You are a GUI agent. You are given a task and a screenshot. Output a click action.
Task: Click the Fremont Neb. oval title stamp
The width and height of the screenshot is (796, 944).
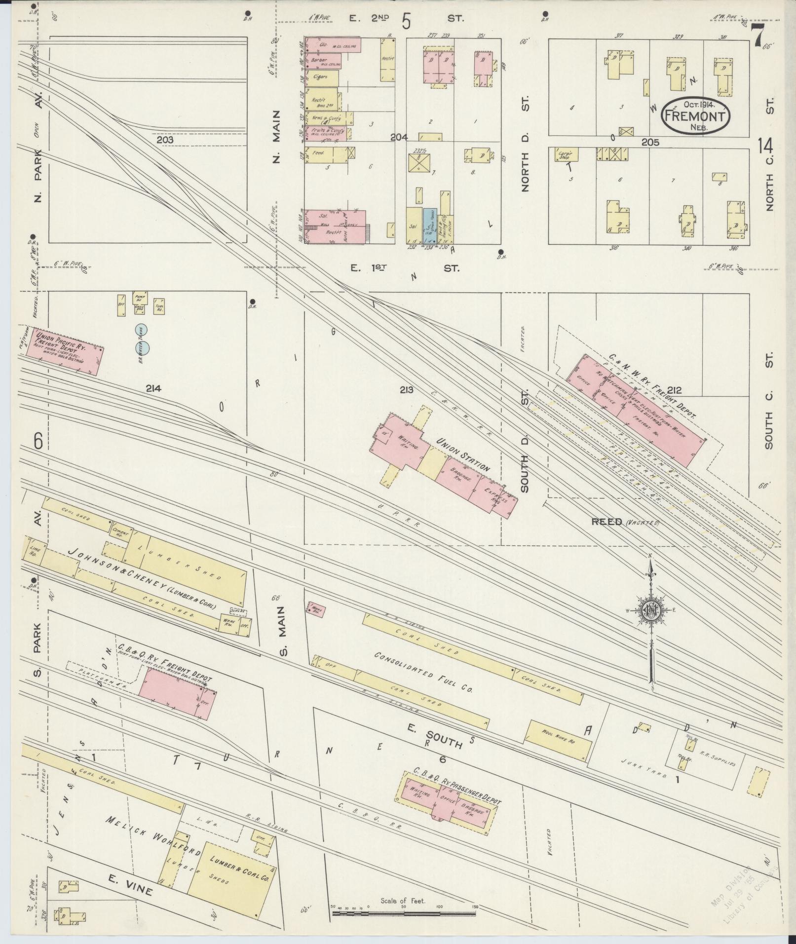pyautogui.click(x=696, y=117)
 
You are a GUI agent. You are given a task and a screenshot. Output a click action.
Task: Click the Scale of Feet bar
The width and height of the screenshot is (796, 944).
pyautogui.click(x=404, y=913)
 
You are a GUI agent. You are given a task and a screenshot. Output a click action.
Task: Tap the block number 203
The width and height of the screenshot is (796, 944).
pyautogui.click(x=165, y=140)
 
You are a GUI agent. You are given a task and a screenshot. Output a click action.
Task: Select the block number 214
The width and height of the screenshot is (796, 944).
pyautogui.click(x=153, y=388)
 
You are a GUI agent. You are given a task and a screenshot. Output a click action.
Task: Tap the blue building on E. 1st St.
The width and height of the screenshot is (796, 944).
pyautogui.click(x=429, y=225)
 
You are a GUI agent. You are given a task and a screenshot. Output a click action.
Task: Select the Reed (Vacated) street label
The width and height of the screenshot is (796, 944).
pyautogui.click(x=625, y=522)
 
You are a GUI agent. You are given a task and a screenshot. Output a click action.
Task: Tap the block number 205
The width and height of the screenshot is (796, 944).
pyautogui.click(x=650, y=142)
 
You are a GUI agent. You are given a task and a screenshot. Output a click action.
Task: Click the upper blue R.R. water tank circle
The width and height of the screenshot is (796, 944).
pyautogui.click(x=142, y=330)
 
